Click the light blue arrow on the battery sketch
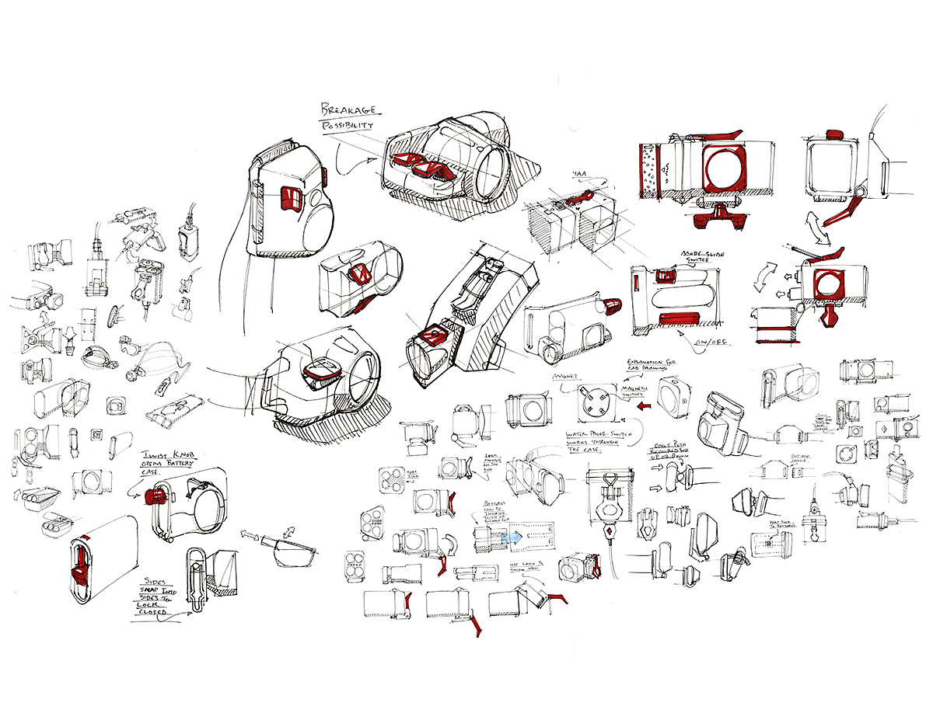(511, 536)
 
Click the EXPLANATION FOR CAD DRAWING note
(650, 365)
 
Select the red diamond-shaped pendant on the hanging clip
(609, 533)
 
